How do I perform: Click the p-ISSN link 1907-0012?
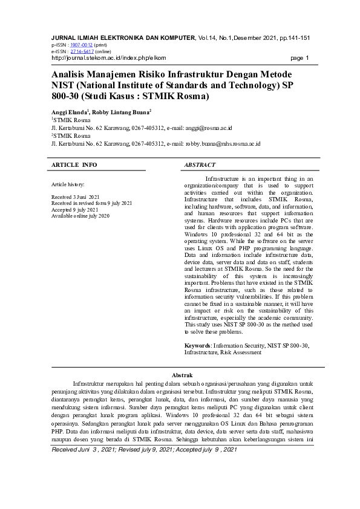coord(82,45)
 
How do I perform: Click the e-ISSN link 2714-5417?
coord(82,51)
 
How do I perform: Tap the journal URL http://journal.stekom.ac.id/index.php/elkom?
coord(109,58)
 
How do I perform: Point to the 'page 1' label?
coord(300,58)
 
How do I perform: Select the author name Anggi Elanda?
coord(69,112)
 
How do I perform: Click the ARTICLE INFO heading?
coord(74,164)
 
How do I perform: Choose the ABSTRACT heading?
coord(200,164)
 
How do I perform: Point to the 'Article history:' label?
coord(68,184)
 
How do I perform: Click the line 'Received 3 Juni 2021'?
coord(76,198)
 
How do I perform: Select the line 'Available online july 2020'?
coord(80,216)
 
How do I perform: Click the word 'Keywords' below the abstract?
coord(197,345)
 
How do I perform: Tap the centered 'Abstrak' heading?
coord(183,376)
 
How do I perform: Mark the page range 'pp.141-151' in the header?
coord(295,37)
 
